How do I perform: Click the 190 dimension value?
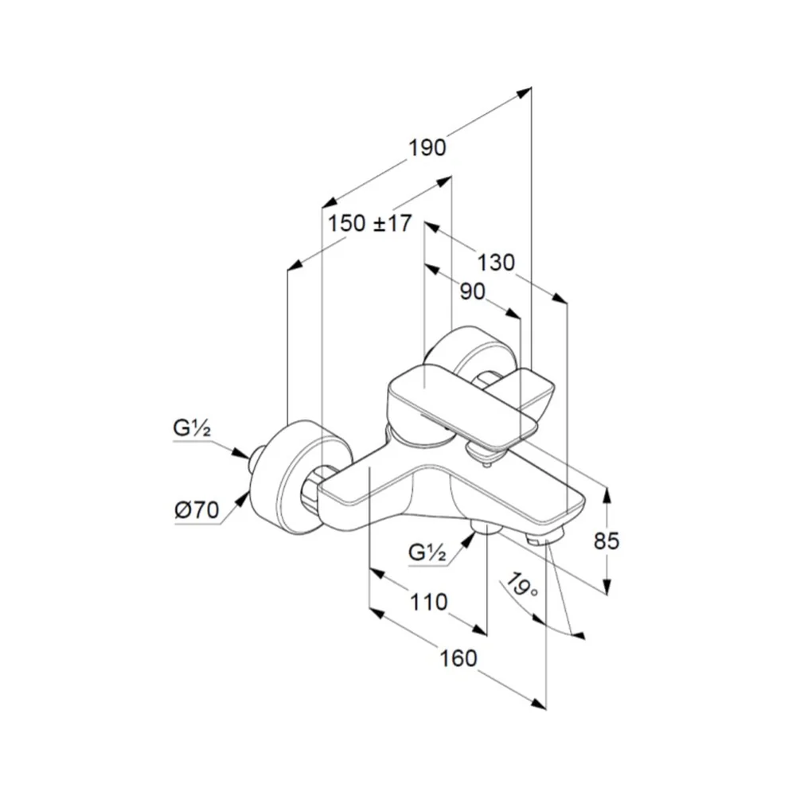427,148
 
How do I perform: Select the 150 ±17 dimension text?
369,224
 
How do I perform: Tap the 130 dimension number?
496,263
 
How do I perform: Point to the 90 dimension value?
472,292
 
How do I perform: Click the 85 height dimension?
606,541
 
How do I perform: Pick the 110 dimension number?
428,603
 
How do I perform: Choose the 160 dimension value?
458,658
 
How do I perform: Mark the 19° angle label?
522,585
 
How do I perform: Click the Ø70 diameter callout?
197,509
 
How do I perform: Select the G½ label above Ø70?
192,429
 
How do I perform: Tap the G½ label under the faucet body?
427,552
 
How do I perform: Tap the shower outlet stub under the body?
486,527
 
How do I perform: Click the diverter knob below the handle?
483,453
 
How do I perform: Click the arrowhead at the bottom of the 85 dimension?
607,587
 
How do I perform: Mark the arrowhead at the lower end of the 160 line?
539,703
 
